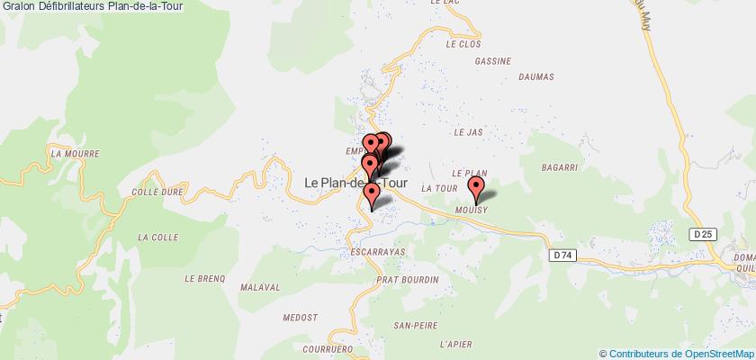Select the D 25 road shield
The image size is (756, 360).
click(x=705, y=234)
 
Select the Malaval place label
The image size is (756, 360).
click(x=260, y=287)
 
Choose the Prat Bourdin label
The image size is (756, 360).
click(x=409, y=280)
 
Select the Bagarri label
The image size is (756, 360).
click(x=559, y=167)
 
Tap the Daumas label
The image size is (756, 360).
click(x=539, y=77)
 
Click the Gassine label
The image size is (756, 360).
click(x=491, y=62)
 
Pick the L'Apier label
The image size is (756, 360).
click(x=455, y=345)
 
